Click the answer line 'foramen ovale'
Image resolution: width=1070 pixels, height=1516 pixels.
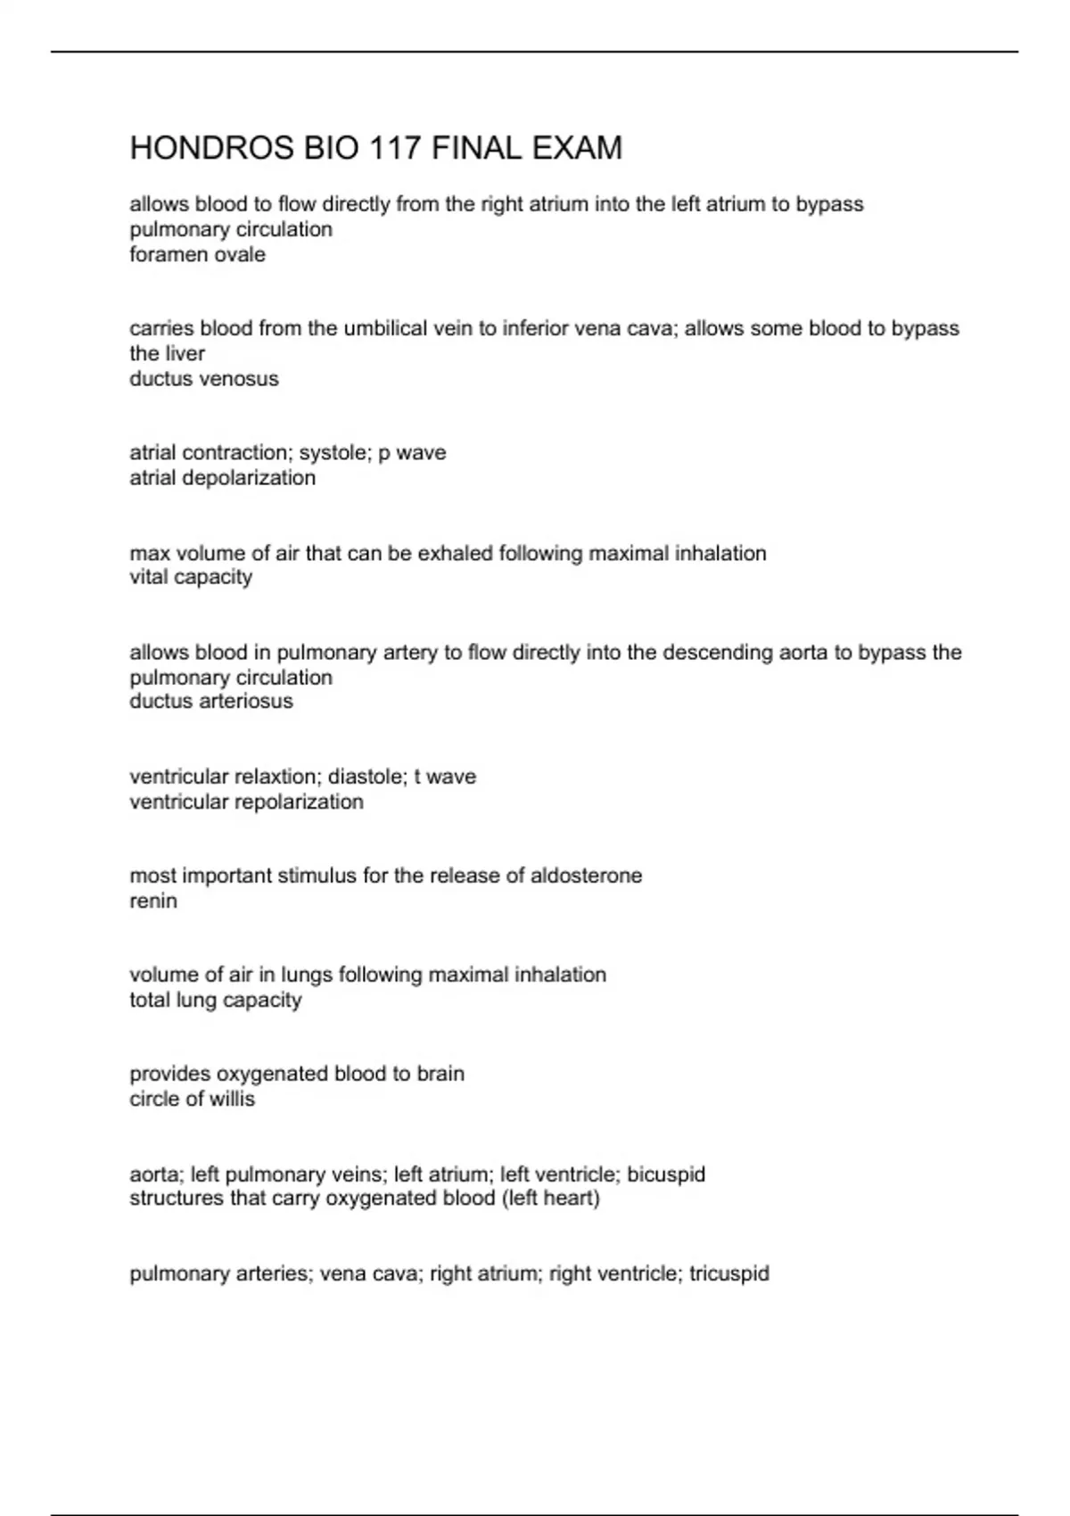point(197,255)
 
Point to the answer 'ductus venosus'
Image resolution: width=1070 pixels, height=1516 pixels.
point(203,379)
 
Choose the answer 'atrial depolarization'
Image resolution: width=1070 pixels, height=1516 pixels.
point(222,478)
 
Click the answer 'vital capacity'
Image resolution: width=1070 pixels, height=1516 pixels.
point(191,577)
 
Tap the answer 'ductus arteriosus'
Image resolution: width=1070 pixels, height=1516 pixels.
point(210,701)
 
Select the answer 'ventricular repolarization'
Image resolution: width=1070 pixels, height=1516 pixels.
point(246,802)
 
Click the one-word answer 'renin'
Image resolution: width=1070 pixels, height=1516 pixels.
point(153,901)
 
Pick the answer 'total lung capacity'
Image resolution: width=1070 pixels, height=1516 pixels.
point(215,1000)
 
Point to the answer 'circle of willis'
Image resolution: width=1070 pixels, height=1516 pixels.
point(192,1099)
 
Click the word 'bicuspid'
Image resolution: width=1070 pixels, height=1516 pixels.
point(666,1174)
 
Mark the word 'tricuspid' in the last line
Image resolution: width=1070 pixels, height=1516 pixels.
point(728,1273)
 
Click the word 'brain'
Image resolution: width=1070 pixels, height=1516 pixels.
point(442,1074)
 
